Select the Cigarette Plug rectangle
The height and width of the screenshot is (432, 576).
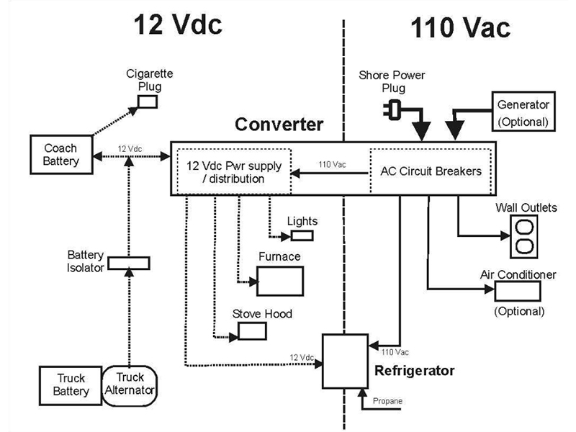click(x=148, y=102)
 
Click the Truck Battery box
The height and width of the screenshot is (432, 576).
click(x=71, y=384)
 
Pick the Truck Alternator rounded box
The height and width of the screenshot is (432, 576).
click(x=130, y=384)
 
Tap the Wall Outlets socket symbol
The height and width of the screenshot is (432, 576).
click(x=526, y=236)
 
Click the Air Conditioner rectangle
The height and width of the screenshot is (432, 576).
click(x=518, y=290)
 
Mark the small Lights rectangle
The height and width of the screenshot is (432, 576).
click(x=302, y=235)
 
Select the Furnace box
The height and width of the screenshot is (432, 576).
click(x=279, y=280)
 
